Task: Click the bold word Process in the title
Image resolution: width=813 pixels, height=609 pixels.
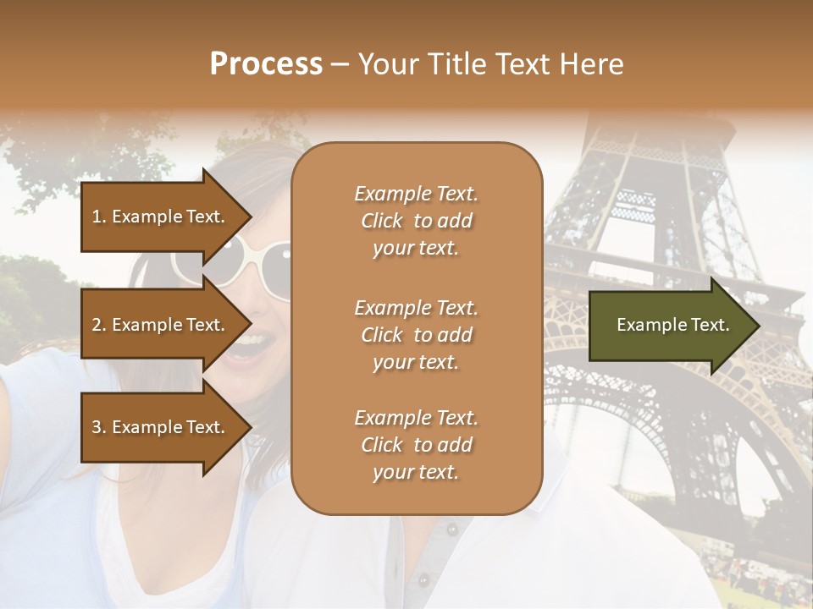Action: point(266,64)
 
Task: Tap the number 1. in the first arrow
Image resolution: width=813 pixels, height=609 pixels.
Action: point(99,217)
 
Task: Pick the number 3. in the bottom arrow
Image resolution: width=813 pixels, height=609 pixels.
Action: point(99,427)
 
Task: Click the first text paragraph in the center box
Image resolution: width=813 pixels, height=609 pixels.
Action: point(416,221)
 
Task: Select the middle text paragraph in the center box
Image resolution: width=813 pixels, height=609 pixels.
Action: point(416,335)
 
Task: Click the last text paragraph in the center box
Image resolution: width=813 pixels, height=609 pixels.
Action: point(416,445)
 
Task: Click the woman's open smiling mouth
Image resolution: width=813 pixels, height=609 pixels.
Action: point(255,345)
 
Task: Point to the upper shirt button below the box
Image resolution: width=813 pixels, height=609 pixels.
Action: point(451,529)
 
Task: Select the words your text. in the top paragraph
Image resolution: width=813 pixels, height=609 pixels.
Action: point(416,249)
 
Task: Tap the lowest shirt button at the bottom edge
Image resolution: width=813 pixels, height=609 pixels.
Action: point(423,580)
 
